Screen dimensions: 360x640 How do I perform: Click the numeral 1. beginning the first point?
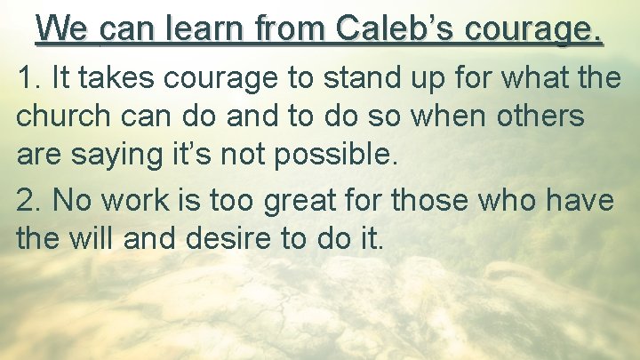pos(29,78)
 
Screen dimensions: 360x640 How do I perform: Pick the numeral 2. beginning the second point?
pos(30,201)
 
